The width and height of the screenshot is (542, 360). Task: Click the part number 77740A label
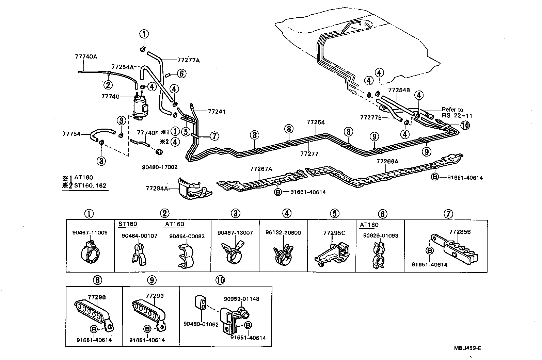[x=86, y=56]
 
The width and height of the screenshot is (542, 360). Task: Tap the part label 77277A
[x=188, y=60]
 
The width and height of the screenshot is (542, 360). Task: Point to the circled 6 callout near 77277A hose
[x=181, y=73]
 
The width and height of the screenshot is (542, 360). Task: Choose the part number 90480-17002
[x=160, y=167]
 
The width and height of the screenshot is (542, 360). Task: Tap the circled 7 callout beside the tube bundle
[x=214, y=136]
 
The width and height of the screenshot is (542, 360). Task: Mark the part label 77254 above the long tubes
[x=316, y=122]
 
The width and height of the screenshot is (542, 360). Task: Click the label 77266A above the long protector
[x=387, y=162]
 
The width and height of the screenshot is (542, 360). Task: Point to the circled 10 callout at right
[x=465, y=126]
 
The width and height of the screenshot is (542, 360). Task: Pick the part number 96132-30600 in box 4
[x=284, y=233]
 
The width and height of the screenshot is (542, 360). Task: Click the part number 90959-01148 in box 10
[x=241, y=299]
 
